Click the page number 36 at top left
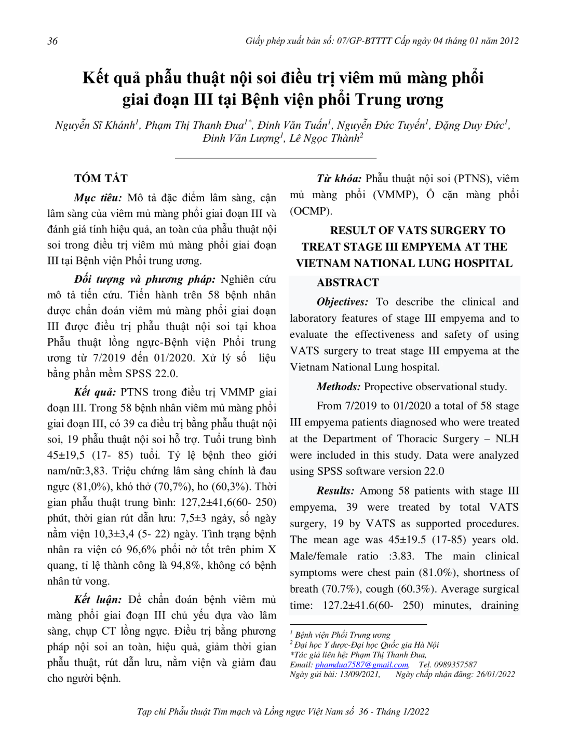tap(52, 42)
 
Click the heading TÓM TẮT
tap(101, 179)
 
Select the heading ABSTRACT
tap(347, 282)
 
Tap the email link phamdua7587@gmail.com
tap(361, 665)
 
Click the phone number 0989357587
tap(455, 665)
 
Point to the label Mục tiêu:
tap(98, 198)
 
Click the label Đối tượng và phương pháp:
tap(144, 279)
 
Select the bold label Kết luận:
tap(98, 600)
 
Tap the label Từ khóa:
tap(339, 179)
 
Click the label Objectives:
tap(342, 302)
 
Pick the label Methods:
tap(338, 387)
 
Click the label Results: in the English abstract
tap(335, 491)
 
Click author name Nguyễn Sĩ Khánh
tap(96, 125)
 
